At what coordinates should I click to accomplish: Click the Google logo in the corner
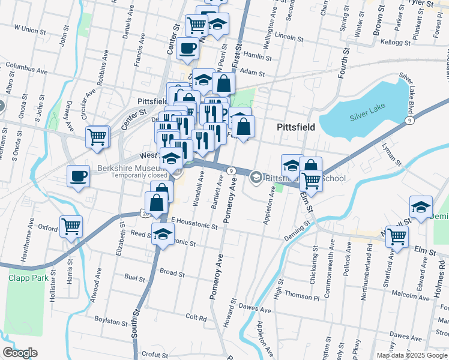click(20, 352)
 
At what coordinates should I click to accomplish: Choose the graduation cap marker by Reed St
click(162, 234)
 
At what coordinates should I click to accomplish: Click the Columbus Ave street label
click(26, 71)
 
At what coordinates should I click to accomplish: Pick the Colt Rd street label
click(196, 316)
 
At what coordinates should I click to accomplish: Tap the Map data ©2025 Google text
click(411, 355)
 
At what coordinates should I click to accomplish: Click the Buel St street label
click(134, 278)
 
